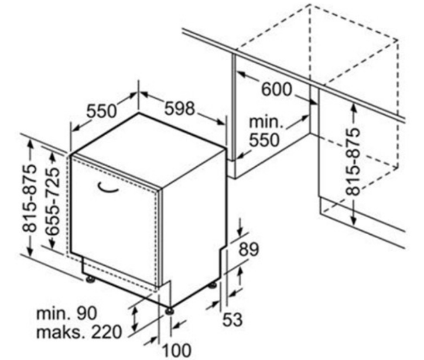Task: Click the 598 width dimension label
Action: [180, 108]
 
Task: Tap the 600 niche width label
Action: [277, 89]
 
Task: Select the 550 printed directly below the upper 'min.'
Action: [264, 140]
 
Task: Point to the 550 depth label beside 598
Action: [101, 111]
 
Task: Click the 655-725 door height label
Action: [52, 201]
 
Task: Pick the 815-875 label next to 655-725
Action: [29, 198]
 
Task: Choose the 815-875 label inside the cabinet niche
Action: [353, 162]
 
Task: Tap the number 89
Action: [249, 249]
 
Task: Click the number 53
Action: [232, 319]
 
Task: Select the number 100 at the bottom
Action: [177, 350]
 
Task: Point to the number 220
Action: [106, 332]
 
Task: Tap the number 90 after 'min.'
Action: [87, 313]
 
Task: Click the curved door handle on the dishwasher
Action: [108, 188]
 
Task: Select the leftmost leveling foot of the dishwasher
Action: [90, 279]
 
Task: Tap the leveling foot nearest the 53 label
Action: [212, 285]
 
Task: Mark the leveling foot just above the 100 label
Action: [170, 311]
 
